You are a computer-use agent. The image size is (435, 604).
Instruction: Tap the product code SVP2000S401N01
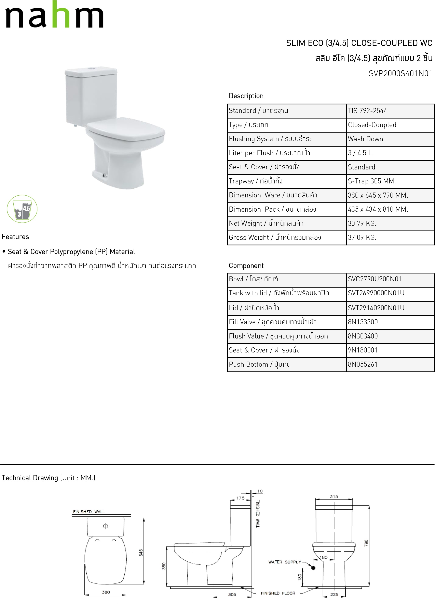(x=400, y=74)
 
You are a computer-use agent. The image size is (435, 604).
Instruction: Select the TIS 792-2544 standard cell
(x=367, y=111)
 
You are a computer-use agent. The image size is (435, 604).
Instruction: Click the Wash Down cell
(x=365, y=139)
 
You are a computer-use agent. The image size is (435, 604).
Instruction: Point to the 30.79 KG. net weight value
(x=362, y=223)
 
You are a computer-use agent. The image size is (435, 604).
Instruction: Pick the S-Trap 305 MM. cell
(x=371, y=181)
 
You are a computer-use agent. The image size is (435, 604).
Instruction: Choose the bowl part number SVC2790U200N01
(x=375, y=279)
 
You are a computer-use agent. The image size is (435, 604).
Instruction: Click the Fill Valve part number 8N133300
(x=363, y=322)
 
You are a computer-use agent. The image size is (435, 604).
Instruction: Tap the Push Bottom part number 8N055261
(x=363, y=364)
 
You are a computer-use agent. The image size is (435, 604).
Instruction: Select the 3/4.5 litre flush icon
(x=22, y=209)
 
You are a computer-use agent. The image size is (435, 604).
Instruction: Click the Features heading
(x=15, y=237)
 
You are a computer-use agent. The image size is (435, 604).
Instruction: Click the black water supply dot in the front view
(x=313, y=568)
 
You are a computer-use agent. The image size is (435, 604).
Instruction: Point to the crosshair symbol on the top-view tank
(x=106, y=526)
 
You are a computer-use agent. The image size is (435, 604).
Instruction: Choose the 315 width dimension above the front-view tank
(x=334, y=497)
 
